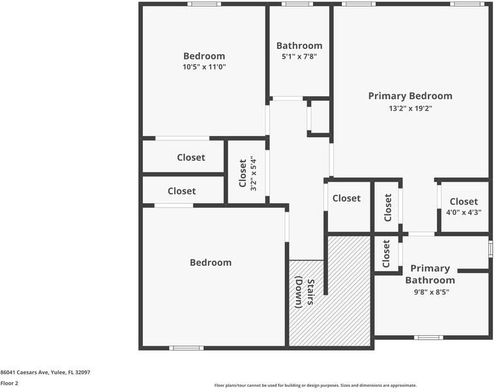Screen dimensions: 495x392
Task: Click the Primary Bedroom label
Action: pyautogui.click(x=410, y=96)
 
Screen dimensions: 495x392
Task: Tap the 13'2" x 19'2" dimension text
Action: pyautogui.click(x=410, y=108)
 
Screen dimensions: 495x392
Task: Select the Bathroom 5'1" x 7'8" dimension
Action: pyautogui.click(x=299, y=57)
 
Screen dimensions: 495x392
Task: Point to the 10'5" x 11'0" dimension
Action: pyautogui.click(x=204, y=67)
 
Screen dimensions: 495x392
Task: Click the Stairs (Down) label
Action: pyautogui.click(x=305, y=292)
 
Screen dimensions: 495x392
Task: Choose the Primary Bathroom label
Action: pyautogui.click(x=430, y=274)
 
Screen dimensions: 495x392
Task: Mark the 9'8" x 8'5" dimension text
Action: pyautogui.click(x=432, y=292)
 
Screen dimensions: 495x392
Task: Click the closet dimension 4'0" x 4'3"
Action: pyautogui.click(x=464, y=212)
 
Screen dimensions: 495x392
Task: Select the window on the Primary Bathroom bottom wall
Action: pyautogui.click(x=428, y=338)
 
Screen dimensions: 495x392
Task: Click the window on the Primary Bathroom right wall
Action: pyautogui.click(x=490, y=248)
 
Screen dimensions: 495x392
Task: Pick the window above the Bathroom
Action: pyautogui.click(x=297, y=4)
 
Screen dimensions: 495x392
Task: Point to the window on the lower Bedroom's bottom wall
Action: pyautogui.click(x=187, y=348)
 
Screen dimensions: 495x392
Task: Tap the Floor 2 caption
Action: pyautogui.click(x=9, y=383)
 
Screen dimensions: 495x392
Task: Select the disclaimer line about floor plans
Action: pyautogui.click(x=316, y=385)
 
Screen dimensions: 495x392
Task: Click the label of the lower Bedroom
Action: pyautogui.click(x=211, y=263)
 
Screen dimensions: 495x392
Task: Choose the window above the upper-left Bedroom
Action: pyautogui.click(x=204, y=4)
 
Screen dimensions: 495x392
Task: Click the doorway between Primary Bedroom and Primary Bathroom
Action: pyautogui.click(x=421, y=234)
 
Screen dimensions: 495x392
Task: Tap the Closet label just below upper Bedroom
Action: pyautogui.click(x=191, y=157)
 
